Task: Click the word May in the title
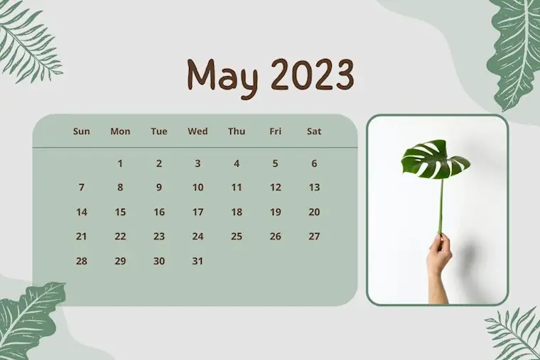pyautogui.click(x=222, y=78)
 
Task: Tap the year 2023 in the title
pyautogui.click(x=313, y=75)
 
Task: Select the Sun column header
pyautogui.click(x=81, y=131)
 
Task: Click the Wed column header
pyautogui.click(x=198, y=131)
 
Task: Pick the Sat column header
pyautogui.click(x=314, y=131)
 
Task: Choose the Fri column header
pyautogui.click(x=275, y=131)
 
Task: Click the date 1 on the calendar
pyautogui.click(x=120, y=163)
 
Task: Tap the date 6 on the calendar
pyautogui.click(x=314, y=163)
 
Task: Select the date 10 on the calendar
pyautogui.click(x=198, y=187)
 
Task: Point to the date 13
pyautogui.click(x=314, y=187)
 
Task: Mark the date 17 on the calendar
pyautogui.click(x=198, y=212)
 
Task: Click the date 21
pyautogui.click(x=81, y=236)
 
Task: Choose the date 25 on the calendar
pyautogui.click(x=237, y=236)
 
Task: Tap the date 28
pyautogui.click(x=81, y=261)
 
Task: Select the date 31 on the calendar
pyautogui.click(x=198, y=261)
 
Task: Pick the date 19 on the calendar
pyautogui.click(x=275, y=212)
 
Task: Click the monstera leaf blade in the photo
pyautogui.click(x=435, y=159)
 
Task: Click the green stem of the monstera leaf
pyautogui.click(x=441, y=206)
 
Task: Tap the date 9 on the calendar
pyautogui.click(x=158, y=187)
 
